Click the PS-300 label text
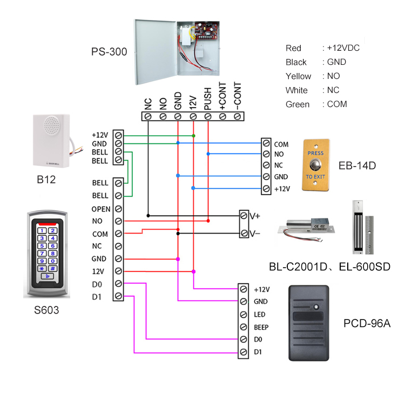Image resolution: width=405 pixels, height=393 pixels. click(x=109, y=52)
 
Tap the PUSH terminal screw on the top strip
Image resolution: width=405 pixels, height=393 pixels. click(x=208, y=116)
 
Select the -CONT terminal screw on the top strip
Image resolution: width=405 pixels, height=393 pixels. click(x=238, y=116)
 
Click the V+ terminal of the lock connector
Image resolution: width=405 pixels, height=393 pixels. click(x=244, y=216)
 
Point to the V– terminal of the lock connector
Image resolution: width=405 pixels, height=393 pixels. click(x=244, y=234)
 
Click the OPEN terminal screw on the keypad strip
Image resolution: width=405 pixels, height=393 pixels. click(x=118, y=209)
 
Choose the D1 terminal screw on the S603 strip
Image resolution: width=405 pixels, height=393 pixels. click(x=118, y=296)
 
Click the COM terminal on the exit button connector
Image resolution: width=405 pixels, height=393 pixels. click(x=266, y=144)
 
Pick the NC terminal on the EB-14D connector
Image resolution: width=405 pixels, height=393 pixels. click(x=266, y=166)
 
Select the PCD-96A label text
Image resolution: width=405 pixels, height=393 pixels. click(x=367, y=324)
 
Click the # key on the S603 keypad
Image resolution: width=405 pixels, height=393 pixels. click(x=53, y=268)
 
